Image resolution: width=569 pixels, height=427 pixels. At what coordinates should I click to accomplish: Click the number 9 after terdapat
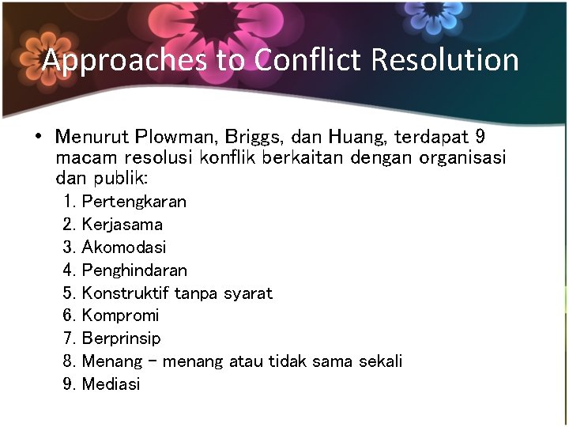point(480,136)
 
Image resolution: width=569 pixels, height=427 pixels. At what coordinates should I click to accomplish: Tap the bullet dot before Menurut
point(38,136)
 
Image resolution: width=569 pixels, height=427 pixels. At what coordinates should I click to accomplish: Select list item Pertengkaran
point(134,202)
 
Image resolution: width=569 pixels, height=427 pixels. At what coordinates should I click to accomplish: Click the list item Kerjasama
point(122,225)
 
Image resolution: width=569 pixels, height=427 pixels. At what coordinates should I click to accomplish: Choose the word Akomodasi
point(124,248)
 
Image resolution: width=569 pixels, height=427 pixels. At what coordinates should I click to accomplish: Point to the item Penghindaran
point(134,270)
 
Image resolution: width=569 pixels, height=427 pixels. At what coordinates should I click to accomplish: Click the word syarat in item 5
point(247,293)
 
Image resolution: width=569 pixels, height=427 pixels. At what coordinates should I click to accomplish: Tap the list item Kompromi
point(120,316)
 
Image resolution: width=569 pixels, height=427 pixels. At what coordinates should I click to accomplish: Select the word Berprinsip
point(121,338)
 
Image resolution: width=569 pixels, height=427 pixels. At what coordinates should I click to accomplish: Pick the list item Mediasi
point(111,384)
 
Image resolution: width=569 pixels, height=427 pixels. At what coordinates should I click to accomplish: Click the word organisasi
point(463,157)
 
